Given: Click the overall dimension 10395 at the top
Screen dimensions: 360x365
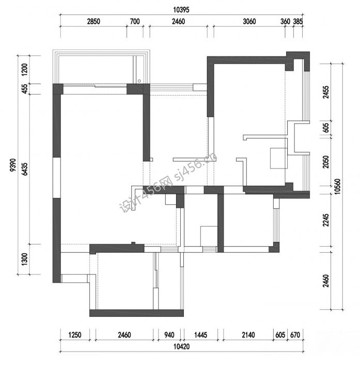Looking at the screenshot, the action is click(x=181, y=10).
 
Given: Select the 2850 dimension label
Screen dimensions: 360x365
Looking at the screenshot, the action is click(x=93, y=21).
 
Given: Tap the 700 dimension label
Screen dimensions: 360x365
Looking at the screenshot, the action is click(x=135, y=21).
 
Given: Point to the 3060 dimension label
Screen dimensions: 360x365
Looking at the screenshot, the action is click(x=249, y=21).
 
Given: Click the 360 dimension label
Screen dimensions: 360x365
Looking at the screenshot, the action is click(x=285, y=21).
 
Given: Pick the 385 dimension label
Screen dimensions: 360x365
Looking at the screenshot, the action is click(x=298, y=21).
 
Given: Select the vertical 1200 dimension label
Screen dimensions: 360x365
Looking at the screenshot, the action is click(x=24, y=69).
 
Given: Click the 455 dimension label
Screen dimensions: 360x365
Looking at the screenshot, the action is click(x=24, y=89).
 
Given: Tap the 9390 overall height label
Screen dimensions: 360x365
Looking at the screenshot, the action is click(x=13, y=165).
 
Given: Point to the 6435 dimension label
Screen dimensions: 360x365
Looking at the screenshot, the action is click(x=24, y=169).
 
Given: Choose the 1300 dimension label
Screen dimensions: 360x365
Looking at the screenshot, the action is click(x=24, y=259).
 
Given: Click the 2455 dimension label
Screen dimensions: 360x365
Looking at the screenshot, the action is click(x=326, y=92).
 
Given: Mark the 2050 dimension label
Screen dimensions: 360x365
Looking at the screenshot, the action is click(x=326, y=162).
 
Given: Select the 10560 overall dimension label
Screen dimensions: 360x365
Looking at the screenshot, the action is click(x=338, y=186).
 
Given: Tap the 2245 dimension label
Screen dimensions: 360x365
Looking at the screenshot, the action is click(x=326, y=220).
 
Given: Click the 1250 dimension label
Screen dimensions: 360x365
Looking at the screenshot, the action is click(x=75, y=335).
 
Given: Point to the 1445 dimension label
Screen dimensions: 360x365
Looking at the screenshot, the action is click(x=200, y=335).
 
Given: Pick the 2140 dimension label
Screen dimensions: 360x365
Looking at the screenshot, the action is click(x=248, y=335).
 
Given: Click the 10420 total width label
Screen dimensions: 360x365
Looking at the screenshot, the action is click(x=182, y=346).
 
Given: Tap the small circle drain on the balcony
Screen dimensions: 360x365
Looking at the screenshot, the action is click(x=139, y=81).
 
